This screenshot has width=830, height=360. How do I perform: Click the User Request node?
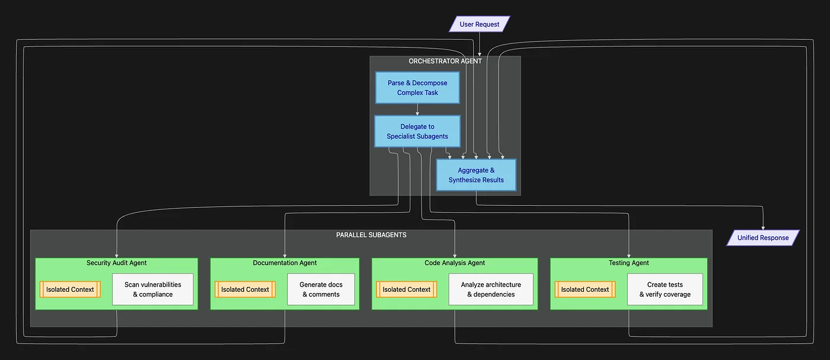point(480,24)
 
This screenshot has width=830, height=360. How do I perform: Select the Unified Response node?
point(763,238)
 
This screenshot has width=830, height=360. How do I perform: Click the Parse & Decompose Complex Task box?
point(417,88)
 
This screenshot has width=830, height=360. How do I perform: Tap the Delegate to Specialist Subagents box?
point(417,131)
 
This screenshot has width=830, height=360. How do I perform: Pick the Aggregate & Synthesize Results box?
point(476,175)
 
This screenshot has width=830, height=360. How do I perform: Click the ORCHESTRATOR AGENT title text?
point(445,61)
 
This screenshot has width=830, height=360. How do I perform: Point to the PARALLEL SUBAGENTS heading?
point(371,235)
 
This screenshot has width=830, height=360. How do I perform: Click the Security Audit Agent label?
point(117,263)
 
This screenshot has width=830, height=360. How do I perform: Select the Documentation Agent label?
point(285,263)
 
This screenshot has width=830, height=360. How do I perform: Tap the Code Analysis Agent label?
point(455,263)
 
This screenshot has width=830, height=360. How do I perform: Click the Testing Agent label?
point(628,263)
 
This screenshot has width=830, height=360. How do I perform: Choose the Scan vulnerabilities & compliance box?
point(153,289)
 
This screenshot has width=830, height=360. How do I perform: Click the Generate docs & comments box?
point(321,289)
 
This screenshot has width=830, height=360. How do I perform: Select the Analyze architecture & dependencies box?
point(491,289)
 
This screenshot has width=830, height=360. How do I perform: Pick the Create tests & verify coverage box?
point(665,289)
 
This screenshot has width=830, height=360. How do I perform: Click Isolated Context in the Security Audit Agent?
point(70,289)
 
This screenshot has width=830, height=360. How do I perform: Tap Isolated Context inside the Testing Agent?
point(585,289)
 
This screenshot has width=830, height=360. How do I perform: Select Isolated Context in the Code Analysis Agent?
point(407,289)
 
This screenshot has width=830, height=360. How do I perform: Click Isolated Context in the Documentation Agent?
point(245,289)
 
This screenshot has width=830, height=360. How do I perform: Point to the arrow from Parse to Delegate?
point(417,109)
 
